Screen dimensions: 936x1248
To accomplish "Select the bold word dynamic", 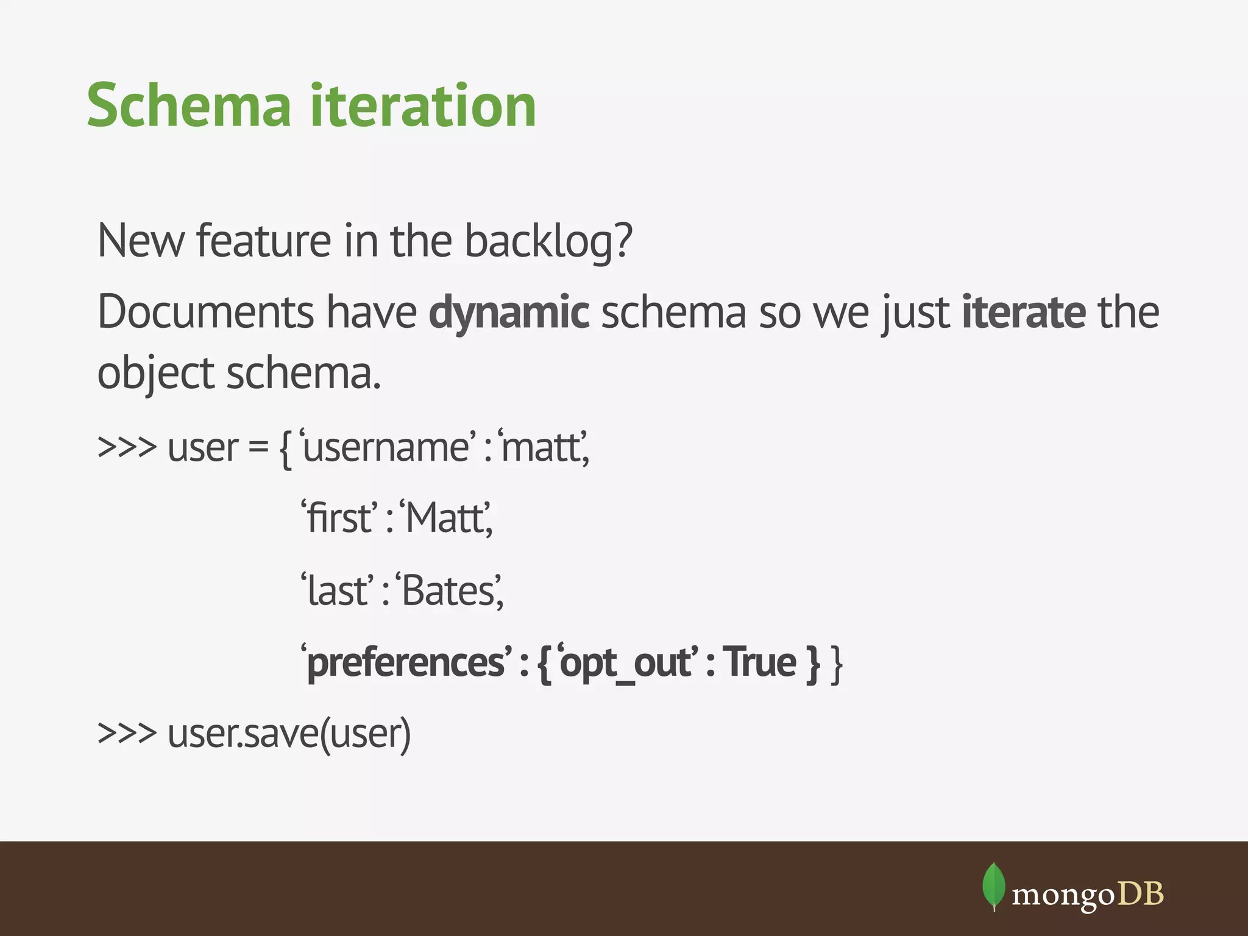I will click(509, 313).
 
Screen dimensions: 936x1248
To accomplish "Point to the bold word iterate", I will click(1023, 313).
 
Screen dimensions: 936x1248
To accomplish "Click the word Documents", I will click(206, 313).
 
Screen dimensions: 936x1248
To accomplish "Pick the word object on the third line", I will click(155, 373).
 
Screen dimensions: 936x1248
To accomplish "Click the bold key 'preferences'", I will click(406, 662).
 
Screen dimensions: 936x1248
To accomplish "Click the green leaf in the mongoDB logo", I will click(993, 885).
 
